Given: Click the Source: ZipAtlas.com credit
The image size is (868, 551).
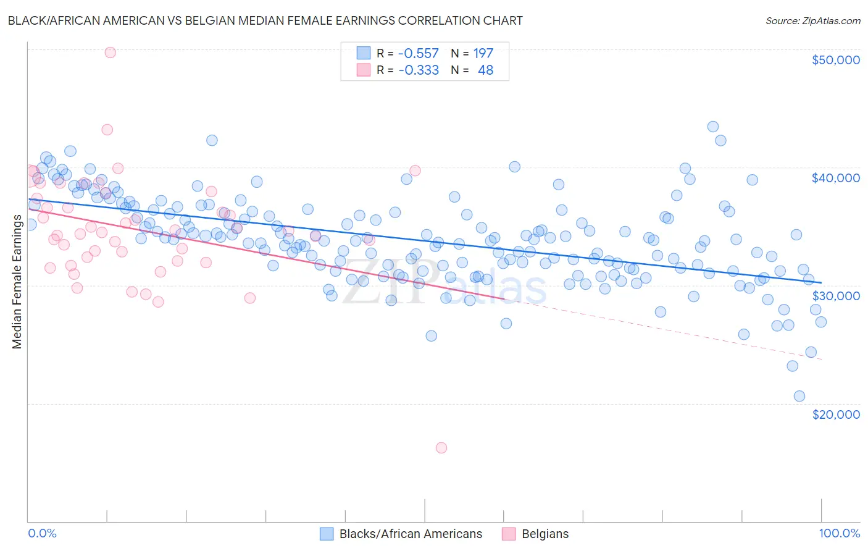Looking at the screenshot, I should (812, 20).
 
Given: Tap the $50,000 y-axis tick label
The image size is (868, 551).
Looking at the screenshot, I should (835, 60).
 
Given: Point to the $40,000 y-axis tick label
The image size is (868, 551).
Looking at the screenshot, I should (835, 178).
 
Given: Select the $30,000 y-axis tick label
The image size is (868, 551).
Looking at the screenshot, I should (835, 296).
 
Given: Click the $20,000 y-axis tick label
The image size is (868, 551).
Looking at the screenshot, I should (835, 414).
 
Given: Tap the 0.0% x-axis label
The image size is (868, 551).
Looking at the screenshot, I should (42, 533).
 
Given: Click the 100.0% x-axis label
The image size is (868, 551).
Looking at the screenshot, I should (839, 533).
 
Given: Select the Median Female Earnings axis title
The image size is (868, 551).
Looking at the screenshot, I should (17, 281).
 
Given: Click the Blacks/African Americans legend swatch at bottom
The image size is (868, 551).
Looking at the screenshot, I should (327, 534).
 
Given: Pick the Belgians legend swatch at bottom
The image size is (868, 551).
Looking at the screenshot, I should (509, 534).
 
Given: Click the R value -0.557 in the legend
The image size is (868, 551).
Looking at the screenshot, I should (418, 54).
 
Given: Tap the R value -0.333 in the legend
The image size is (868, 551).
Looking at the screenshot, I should (418, 70).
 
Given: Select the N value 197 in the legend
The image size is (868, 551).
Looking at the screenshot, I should (483, 54).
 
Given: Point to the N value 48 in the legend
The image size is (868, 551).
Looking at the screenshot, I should (485, 70).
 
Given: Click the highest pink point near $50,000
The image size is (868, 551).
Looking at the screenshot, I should (110, 53).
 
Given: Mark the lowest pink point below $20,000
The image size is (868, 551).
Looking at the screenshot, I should (441, 448).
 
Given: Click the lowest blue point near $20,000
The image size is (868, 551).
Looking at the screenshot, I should (799, 396).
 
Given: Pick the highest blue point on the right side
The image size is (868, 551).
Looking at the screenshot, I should (712, 127).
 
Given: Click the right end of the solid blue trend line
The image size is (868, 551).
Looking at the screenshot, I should (821, 282).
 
